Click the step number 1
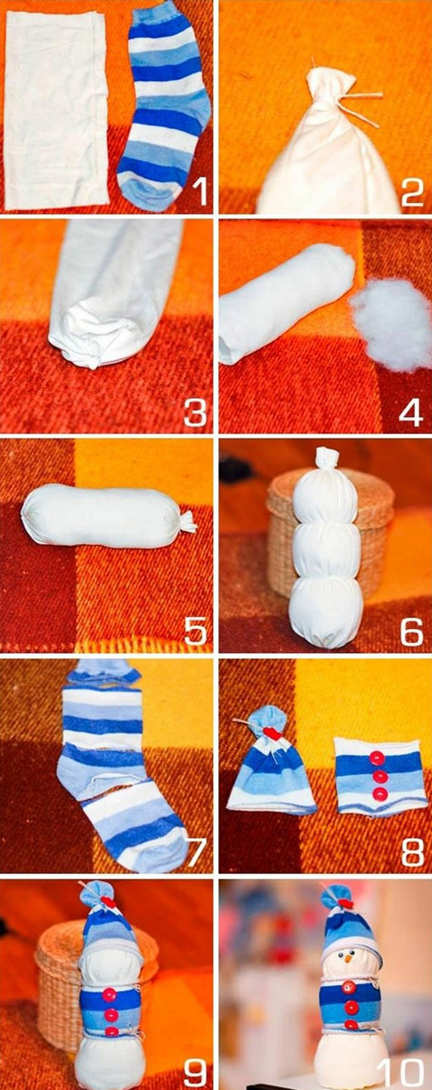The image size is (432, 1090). (x=199, y=192)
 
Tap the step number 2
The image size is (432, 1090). (x=413, y=192)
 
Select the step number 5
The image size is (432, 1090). (x=195, y=631)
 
